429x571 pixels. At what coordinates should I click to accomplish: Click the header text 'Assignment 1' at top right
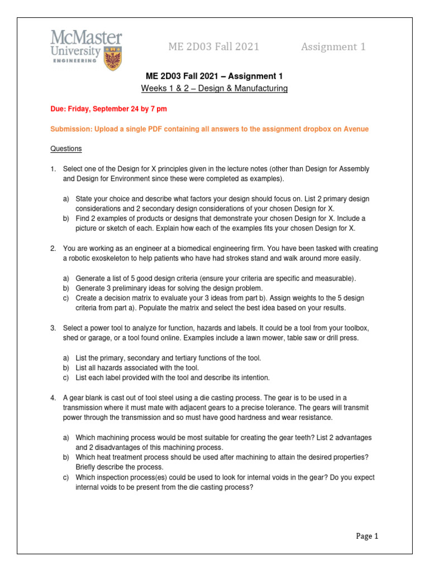[333, 47]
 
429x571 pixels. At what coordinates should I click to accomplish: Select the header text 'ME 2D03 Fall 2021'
[213, 47]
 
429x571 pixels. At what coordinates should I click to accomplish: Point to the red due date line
[108, 109]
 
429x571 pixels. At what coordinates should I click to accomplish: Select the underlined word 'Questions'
[66, 149]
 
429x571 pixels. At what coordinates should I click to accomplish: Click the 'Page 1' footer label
[367, 536]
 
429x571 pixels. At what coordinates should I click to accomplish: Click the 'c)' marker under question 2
[66, 298]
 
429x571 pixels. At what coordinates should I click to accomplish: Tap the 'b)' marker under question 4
[66, 457]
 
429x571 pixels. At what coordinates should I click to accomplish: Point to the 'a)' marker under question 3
[66, 357]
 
